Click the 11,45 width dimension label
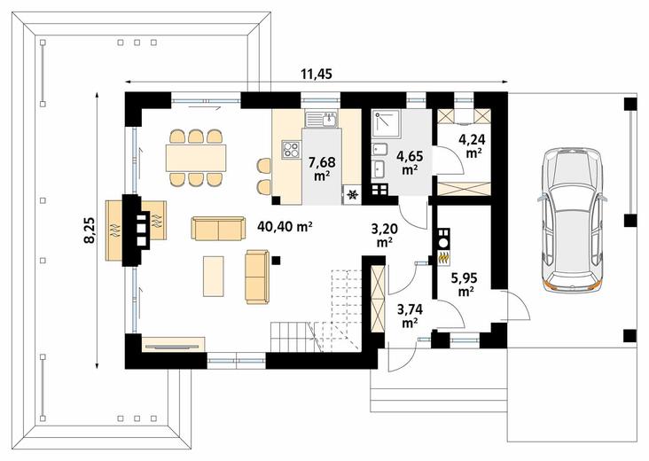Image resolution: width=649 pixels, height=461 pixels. click(317, 74)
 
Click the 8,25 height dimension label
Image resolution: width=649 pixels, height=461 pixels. click(90, 230)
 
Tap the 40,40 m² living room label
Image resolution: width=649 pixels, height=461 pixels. click(285, 226)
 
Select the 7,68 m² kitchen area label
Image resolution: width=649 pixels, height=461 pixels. click(322, 168)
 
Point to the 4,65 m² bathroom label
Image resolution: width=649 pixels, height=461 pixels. click(410, 162)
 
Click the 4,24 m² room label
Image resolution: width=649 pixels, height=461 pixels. click(472, 145)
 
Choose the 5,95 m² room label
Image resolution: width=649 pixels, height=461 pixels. click(465, 285)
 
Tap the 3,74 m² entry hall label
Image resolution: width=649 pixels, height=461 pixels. click(410, 316)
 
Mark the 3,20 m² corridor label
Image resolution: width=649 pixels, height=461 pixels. click(385, 235)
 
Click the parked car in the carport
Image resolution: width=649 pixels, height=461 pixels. click(573, 221)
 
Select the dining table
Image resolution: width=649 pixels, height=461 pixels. click(196, 158)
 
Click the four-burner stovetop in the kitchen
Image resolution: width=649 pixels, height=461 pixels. click(291, 150)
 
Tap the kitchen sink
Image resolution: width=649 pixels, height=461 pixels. click(322, 119)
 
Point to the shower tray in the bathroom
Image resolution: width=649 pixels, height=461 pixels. click(387, 123)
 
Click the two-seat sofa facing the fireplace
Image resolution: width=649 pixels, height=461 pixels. click(218, 228)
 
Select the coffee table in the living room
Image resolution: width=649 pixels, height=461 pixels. click(214, 276)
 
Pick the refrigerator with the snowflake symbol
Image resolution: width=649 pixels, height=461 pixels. click(353, 194)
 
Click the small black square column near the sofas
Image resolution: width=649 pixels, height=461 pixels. click(276, 261)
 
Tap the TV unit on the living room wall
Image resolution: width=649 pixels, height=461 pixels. click(174, 344)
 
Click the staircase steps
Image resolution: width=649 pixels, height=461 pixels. click(317, 310)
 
